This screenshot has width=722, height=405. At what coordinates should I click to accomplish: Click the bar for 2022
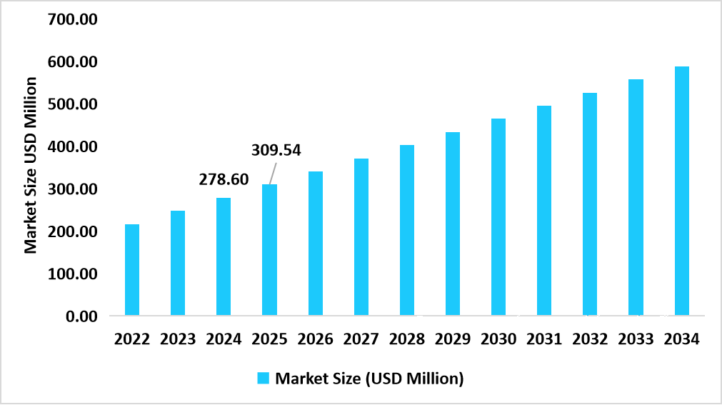132,270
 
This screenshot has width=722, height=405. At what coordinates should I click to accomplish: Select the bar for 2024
224,256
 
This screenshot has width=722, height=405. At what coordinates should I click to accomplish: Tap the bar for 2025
269,250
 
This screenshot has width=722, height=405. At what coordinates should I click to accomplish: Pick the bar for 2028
407,230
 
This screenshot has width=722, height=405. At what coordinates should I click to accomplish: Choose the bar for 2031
544,211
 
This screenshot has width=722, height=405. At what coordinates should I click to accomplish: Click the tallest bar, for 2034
681,191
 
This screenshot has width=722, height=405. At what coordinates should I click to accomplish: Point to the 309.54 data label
276,150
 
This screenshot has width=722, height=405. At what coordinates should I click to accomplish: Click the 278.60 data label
224,179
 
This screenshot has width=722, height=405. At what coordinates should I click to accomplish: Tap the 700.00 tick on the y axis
71,19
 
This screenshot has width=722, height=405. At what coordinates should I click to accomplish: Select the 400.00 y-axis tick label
71,146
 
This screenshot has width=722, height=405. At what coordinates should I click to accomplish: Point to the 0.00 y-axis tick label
81,316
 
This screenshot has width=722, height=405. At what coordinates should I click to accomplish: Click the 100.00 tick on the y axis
71,274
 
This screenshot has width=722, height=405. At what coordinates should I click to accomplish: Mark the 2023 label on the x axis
178,339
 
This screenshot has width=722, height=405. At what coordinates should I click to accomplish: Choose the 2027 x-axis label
361,339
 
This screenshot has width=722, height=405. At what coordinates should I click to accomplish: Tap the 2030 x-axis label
498,339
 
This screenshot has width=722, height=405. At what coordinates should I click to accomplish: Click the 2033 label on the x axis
636,339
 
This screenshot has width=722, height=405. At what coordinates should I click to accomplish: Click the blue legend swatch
263,379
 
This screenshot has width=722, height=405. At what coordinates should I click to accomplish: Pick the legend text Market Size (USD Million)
369,379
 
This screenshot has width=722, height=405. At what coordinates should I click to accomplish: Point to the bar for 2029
453,224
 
